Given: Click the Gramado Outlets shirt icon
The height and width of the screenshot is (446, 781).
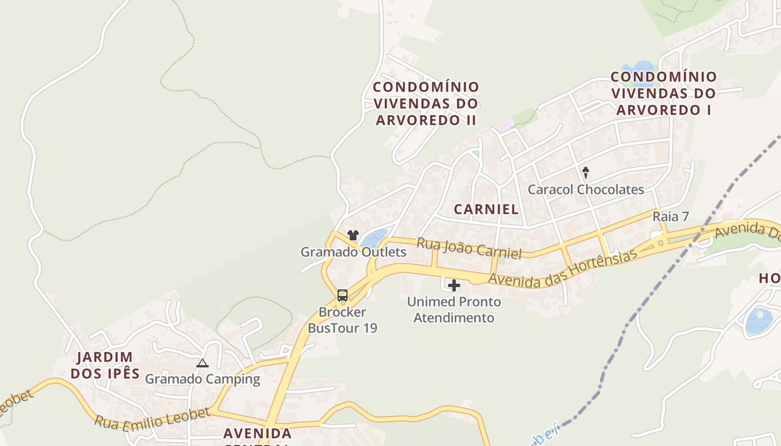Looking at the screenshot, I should pyautogui.click(x=353, y=235).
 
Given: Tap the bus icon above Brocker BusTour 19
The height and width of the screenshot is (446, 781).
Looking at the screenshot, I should pyautogui.click(x=343, y=295).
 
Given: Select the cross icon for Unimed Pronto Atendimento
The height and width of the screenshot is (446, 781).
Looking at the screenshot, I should pyautogui.click(x=454, y=286).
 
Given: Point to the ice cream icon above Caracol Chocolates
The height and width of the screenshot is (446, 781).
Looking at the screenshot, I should pyautogui.click(x=586, y=172).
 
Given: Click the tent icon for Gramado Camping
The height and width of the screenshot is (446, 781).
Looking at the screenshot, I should pyautogui.click(x=203, y=363).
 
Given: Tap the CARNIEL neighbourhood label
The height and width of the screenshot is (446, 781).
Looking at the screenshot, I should pyautogui.click(x=486, y=210).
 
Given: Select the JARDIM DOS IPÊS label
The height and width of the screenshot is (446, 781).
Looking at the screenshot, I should pyautogui.click(x=105, y=365).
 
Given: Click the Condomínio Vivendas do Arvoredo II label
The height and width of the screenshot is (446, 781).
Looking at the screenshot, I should pyautogui.click(x=426, y=104).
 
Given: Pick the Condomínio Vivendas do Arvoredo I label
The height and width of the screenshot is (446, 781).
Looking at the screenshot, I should pyautogui.click(x=663, y=93).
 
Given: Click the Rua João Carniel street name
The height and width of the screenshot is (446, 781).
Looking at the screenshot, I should pyautogui.click(x=469, y=248).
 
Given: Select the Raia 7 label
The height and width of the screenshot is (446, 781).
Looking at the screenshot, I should pyautogui.click(x=671, y=217).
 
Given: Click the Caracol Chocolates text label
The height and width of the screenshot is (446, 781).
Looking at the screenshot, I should pyautogui.click(x=586, y=190).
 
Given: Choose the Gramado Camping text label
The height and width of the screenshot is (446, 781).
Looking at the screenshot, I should pyautogui.click(x=203, y=380).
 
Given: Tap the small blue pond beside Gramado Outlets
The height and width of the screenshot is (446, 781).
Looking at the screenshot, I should pyautogui.click(x=374, y=239).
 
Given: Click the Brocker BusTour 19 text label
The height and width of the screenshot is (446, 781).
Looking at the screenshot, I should pyautogui.click(x=343, y=320).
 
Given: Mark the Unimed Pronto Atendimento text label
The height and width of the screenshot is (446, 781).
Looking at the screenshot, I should pyautogui.click(x=454, y=310).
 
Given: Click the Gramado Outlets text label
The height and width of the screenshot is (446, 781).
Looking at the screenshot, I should pyautogui.click(x=354, y=252).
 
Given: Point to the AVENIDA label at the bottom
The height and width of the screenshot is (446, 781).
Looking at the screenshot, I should pyautogui.click(x=257, y=434).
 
